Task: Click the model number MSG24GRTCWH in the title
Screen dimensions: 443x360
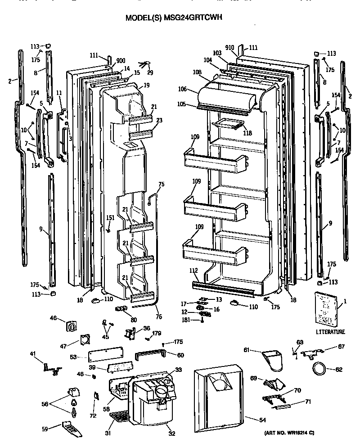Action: tap(195, 18)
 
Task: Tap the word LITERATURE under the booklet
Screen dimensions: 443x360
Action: tap(330, 332)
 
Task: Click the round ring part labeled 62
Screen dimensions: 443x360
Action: tap(320, 370)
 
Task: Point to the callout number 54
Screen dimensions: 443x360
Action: tap(250, 420)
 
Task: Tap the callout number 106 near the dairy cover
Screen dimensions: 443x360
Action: tap(194, 90)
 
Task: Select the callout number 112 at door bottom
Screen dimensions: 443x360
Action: tap(194, 271)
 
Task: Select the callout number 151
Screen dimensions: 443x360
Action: tap(110, 218)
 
